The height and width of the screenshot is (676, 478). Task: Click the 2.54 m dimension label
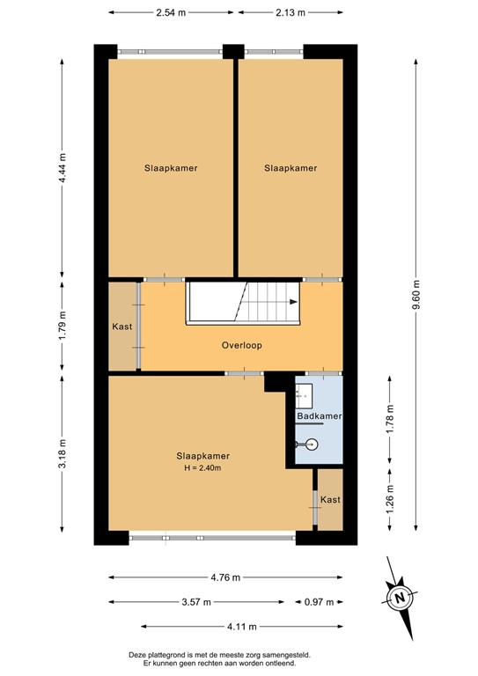coord(172,13)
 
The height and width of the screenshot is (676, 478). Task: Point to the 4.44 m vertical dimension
coord(62,167)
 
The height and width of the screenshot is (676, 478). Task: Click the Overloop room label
coord(242,346)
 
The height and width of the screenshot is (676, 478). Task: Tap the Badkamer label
coord(320,415)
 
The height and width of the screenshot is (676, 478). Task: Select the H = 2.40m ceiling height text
coord(203,468)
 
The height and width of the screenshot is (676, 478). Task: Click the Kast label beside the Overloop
coord(122,327)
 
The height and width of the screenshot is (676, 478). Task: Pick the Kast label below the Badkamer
coord(330,500)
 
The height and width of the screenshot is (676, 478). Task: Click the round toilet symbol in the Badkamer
coord(313,445)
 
